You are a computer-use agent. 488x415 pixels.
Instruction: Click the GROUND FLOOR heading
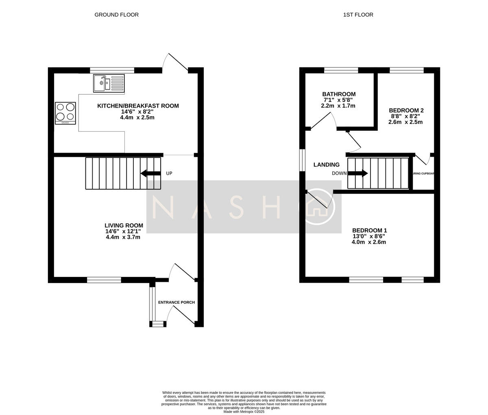[x=116, y=15]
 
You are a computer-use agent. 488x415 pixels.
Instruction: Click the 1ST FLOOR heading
[x=358, y=15]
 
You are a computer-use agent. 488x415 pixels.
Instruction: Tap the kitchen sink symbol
[x=109, y=83]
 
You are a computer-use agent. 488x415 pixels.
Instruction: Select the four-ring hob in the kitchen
[x=65, y=113]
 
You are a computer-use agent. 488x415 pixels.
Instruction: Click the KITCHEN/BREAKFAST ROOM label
[x=138, y=106]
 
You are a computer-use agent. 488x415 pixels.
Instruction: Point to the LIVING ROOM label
[x=124, y=225]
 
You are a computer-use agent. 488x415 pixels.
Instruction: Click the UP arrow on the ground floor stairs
[x=150, y=173]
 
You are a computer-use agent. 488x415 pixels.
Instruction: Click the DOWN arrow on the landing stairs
[x=358, y=173]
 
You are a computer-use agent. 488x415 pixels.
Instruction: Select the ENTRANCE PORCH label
[x=176, y=303]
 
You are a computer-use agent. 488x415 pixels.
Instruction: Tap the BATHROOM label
[x=339, y=94]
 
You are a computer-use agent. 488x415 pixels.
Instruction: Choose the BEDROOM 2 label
[x=406, y=110]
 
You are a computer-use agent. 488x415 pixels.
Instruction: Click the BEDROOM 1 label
[x=369, y=230]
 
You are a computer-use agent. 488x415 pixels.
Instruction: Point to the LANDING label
[x=326, y=165]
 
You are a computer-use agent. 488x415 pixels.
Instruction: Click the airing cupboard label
[x=423, y=173]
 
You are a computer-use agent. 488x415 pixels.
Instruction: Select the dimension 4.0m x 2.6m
[x=368, y=242]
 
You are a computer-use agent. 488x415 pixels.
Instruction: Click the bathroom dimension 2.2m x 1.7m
[x=338, y=106]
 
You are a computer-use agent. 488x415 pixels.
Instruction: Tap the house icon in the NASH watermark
[x=319, y=207]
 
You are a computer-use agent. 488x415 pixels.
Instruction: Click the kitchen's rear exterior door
[x=175, y=63]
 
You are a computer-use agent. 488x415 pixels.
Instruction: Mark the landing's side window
[x=302, y=160]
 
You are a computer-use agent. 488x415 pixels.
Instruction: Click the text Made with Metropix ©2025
[x=244, y=411]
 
